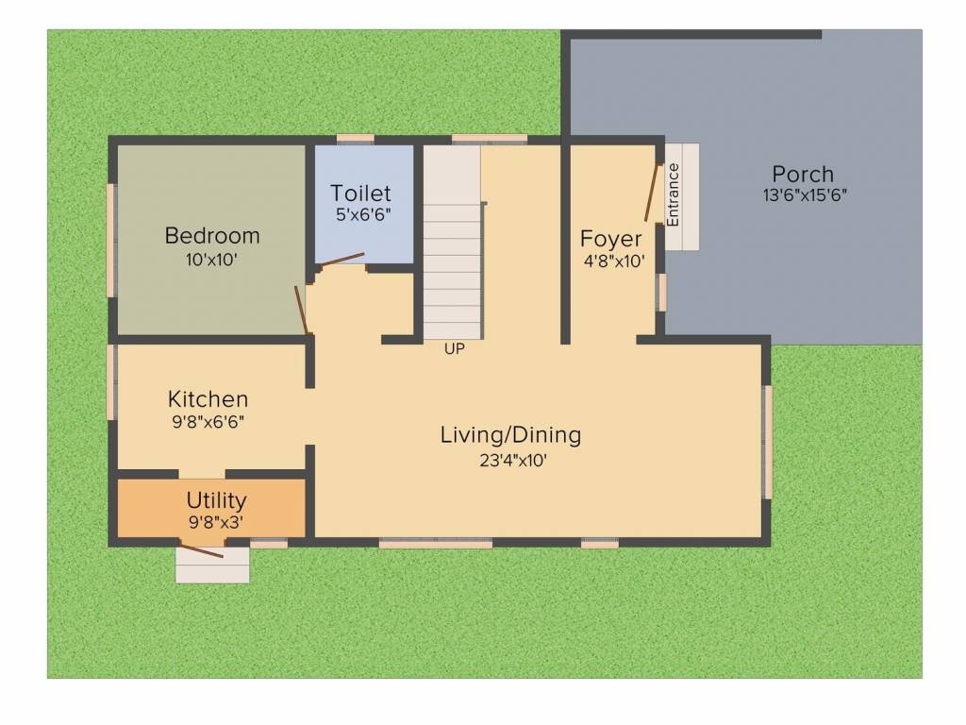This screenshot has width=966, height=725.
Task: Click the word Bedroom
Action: click(x=212, y=236)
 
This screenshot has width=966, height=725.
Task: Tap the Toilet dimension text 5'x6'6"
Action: click(x=363, y=214)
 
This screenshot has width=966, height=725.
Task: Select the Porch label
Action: click(x=803, y=174)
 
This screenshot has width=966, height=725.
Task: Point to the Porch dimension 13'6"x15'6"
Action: click(x=805, y=195)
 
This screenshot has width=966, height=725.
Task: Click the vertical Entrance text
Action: click(x=673, y=194)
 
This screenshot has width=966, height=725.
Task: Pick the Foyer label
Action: click(x=610, y=239)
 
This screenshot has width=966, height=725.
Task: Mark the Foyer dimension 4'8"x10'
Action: click(x=614, y=261)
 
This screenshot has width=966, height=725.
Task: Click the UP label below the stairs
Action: click(x=455, y=349)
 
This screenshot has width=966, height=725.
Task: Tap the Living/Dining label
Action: click(x=510, y=435)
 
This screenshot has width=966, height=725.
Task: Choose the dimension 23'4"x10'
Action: click(x=513, y=461)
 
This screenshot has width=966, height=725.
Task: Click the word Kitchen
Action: click(x=208, y=399)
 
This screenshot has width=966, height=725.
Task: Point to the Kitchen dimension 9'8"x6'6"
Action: click(x=208, y=422)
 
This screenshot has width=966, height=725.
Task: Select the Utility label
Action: click(x=216, y=500)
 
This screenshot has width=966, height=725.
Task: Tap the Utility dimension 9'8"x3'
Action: click(x=216, y=522)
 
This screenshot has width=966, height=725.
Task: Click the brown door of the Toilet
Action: click(x=341, y=259)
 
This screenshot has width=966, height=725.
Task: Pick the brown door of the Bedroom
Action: click(x=301, y=310)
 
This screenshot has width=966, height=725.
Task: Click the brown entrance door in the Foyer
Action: click(x=652, y=192)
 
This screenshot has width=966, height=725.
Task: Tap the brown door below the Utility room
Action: click(x=201, y=550)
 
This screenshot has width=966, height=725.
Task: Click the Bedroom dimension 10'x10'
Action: click(x=212, y=260)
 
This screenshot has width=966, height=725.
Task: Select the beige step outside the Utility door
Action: click(x=212, y=565)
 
